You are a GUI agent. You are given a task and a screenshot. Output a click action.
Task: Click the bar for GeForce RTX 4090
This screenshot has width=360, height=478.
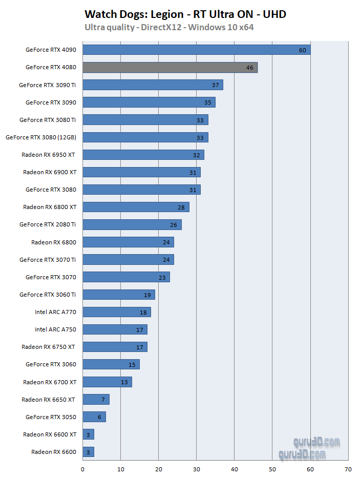point(196,50)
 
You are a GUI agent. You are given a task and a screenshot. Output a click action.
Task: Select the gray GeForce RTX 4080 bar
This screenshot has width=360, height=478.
point(170,67)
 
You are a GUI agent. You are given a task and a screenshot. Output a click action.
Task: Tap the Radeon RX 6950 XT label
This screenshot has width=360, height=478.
point(50,154)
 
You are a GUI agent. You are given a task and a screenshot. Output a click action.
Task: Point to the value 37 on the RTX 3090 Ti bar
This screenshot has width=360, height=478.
point(216,85)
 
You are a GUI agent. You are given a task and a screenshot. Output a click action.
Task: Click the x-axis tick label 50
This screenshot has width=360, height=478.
point(272,469)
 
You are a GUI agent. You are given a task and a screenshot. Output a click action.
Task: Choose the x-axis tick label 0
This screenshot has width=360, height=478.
point(83,469)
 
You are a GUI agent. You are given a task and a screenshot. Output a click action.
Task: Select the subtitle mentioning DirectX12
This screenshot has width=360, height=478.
point(169,27)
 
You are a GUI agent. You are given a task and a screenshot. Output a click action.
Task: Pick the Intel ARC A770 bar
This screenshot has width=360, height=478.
point(117,312)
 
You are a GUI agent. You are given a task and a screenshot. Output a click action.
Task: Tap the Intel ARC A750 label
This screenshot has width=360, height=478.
point(55,329)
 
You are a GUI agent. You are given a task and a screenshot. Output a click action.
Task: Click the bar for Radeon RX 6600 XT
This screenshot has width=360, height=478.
point(88,434)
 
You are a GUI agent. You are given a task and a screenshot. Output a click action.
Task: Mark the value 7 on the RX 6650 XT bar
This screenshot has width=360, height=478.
point(102,400)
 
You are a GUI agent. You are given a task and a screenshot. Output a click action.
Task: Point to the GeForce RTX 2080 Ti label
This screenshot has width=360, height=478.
point(48,224)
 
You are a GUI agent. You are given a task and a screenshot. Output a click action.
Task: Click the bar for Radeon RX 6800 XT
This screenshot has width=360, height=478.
point(136,207)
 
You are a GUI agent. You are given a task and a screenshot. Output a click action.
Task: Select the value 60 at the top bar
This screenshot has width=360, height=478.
point(302,50)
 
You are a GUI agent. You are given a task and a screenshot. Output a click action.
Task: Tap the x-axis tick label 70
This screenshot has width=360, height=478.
point(348,469)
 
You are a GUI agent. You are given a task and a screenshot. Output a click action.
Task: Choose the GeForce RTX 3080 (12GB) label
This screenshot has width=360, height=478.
point(41,137)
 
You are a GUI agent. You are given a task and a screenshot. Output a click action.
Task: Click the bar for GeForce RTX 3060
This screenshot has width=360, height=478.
point(111,364)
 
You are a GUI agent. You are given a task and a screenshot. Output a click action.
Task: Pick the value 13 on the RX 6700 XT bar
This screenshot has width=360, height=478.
point(124,382)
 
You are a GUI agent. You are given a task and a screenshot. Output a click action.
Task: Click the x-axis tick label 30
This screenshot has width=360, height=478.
point(197,469)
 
